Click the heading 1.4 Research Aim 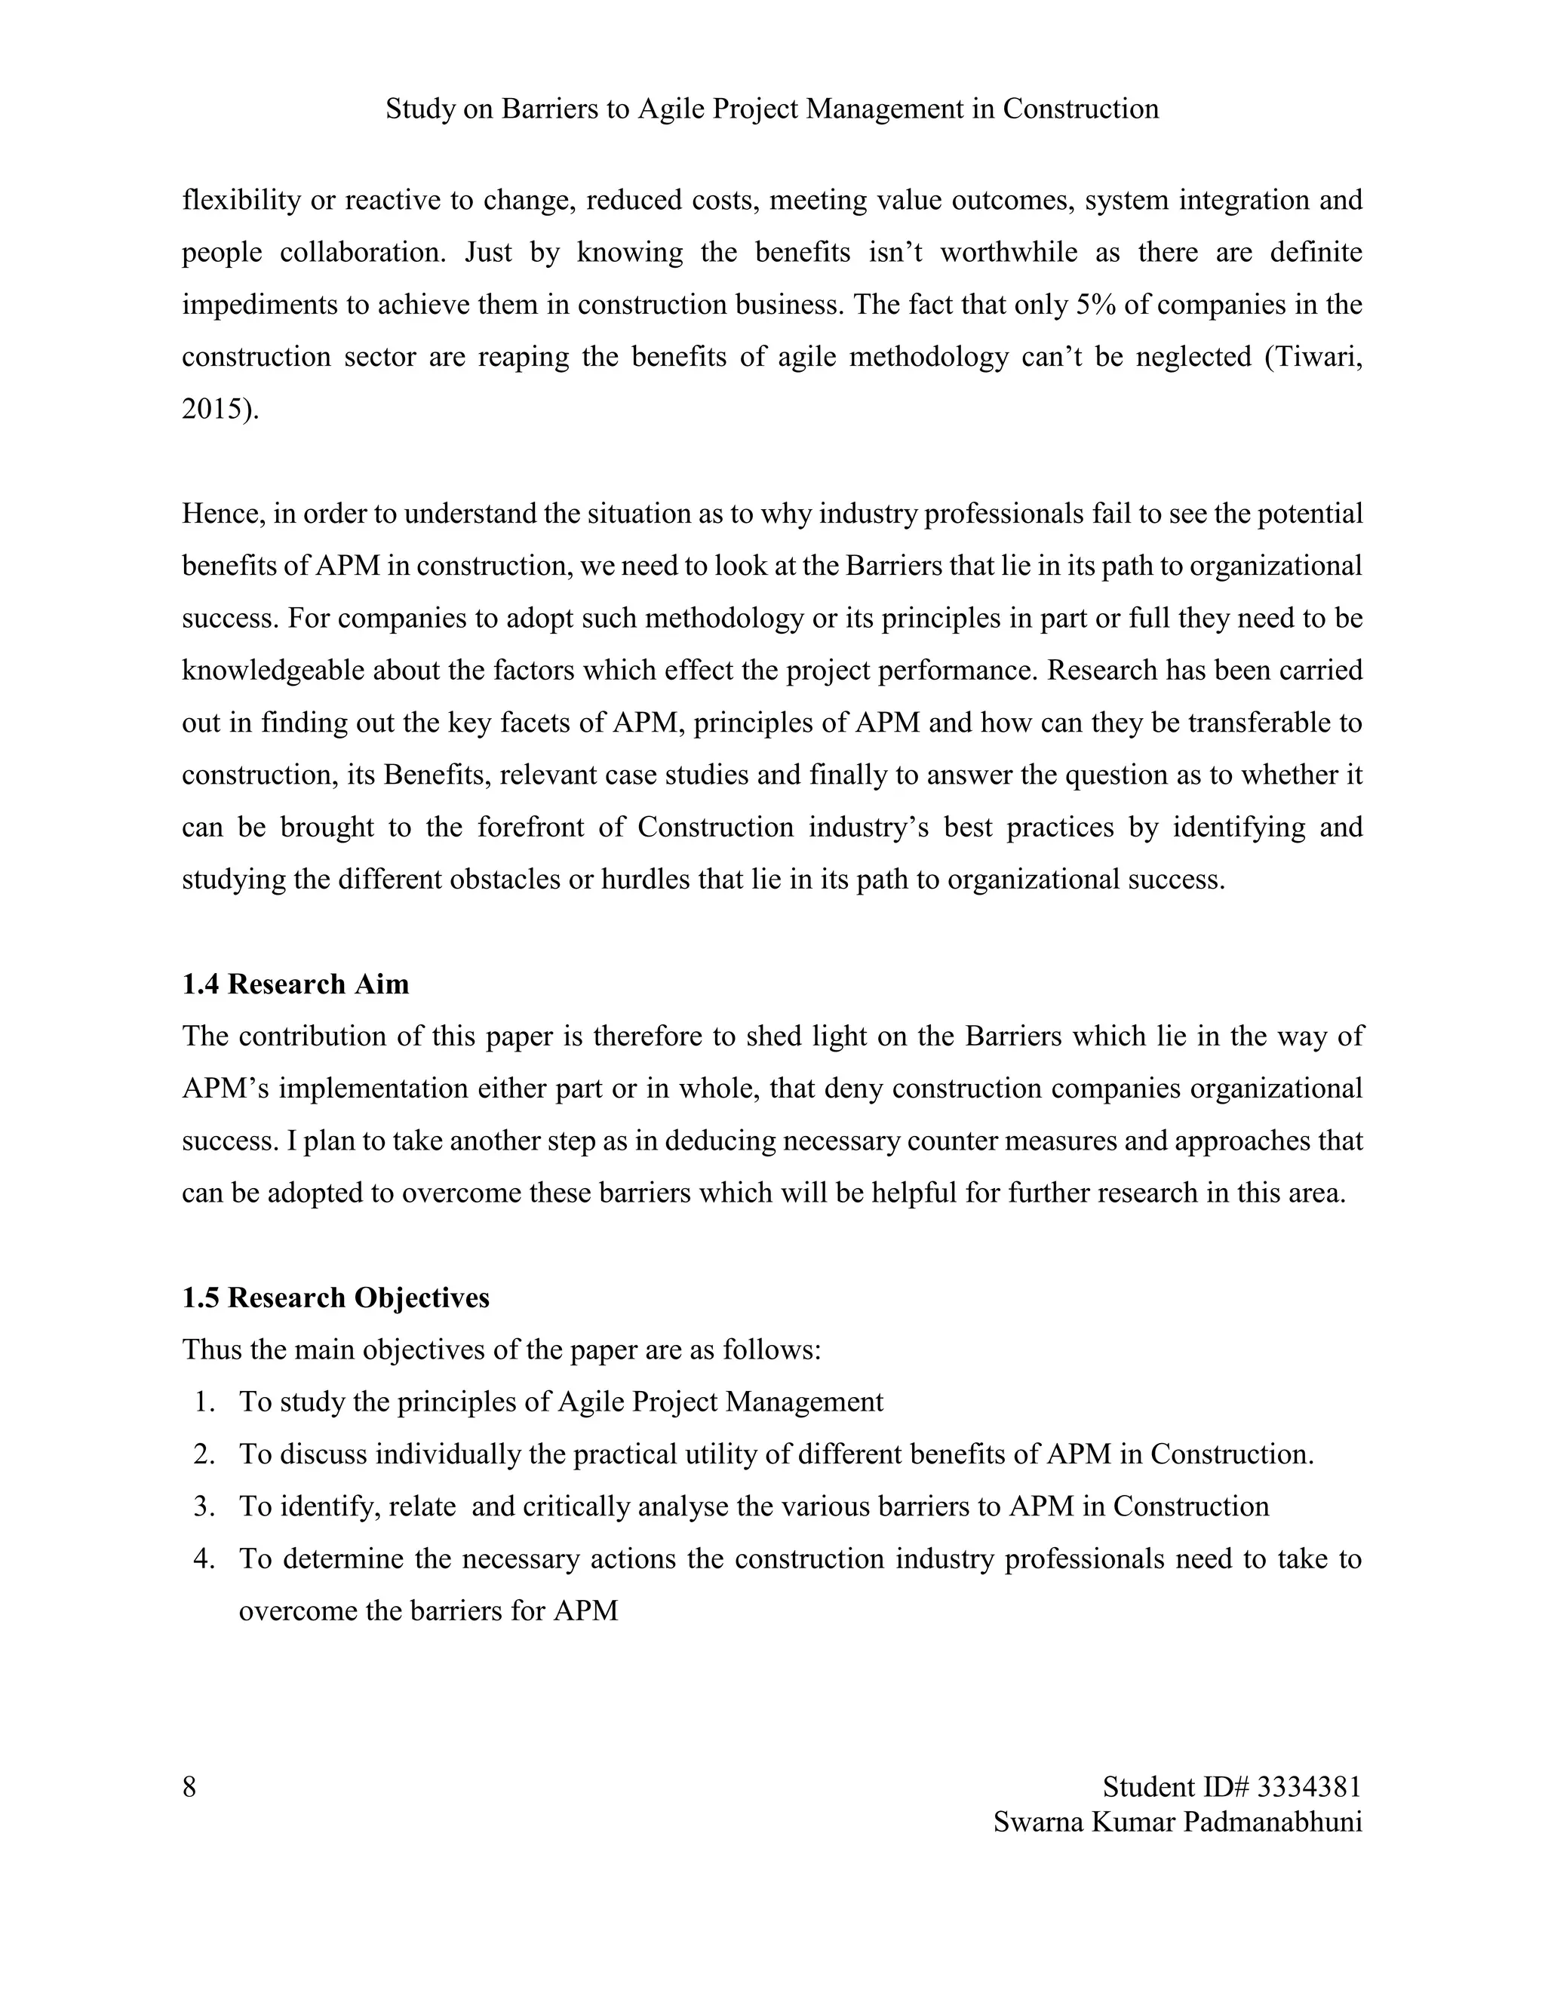click(x=296, y=984)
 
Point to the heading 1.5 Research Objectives click(x=336, y=1298)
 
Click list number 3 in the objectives click(x=203, y=1506)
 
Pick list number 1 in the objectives click(x=203, y=1402)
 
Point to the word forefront click(x=532, y=828)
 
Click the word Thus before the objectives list click(x=211, y=1350)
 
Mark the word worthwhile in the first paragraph click(x=1009, y=252)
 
